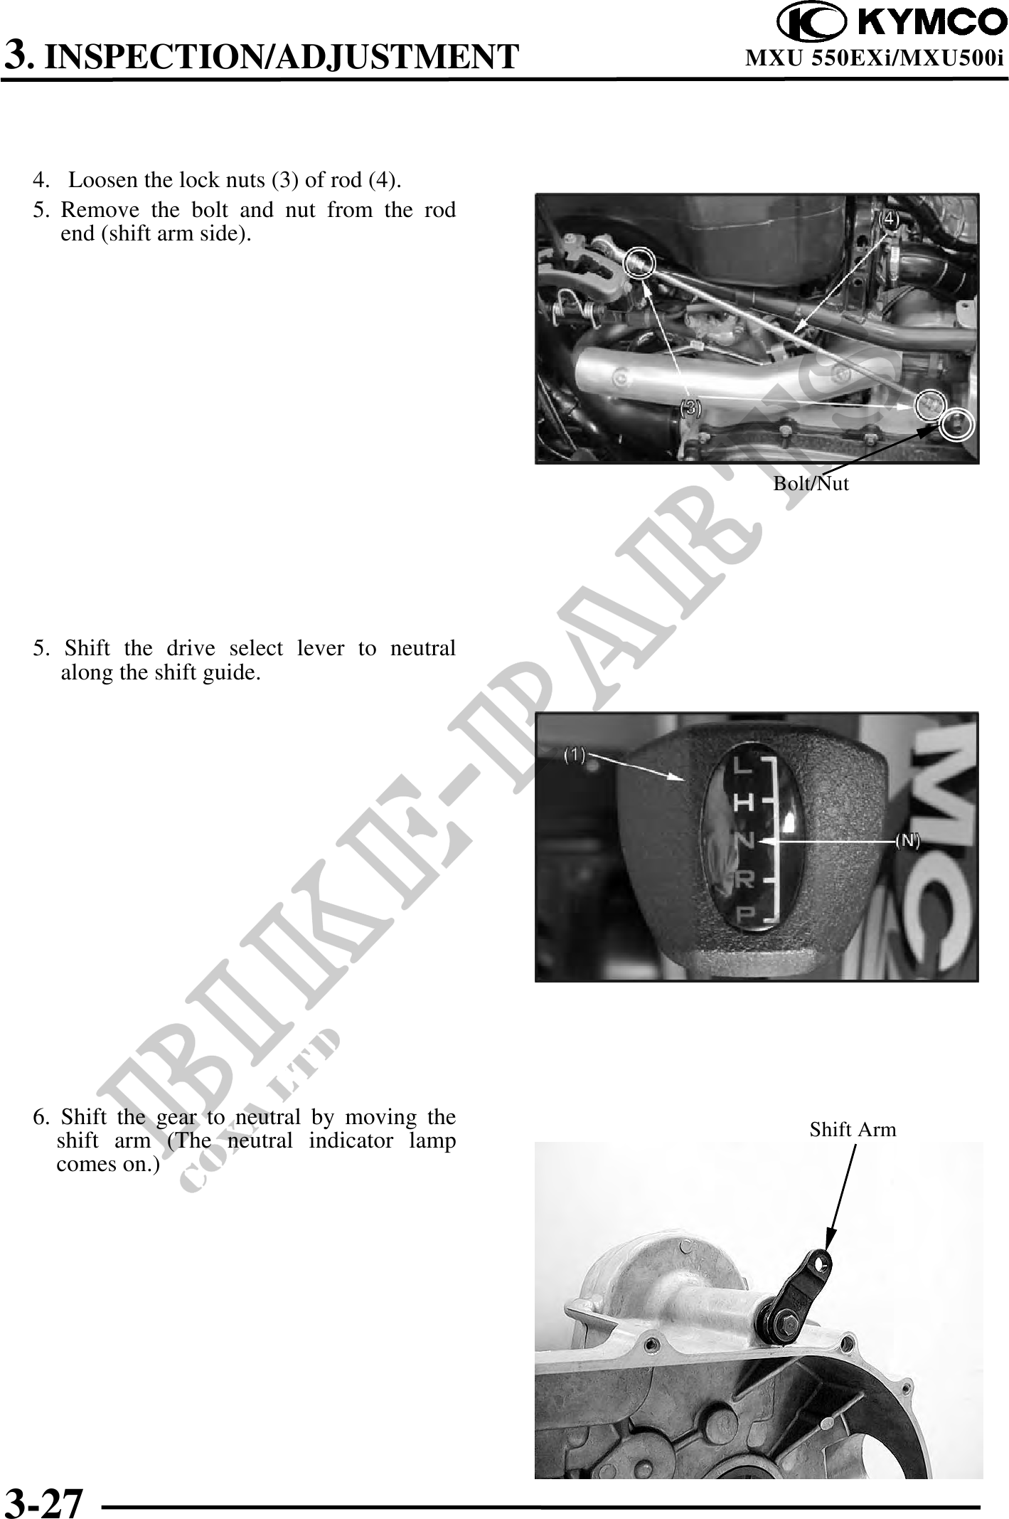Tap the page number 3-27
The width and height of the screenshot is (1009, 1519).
pos(44,1499)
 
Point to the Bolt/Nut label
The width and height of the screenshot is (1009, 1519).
pos(811,484)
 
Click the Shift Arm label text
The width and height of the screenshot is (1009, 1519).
pos(853,1129)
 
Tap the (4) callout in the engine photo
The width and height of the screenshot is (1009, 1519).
pos(890,218)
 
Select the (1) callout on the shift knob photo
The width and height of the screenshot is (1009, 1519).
pos(575,755)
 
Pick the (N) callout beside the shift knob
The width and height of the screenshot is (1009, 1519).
pos(907,840)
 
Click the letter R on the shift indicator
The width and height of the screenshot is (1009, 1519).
pos(743,880)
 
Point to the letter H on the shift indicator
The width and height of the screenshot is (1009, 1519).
pos(743,803)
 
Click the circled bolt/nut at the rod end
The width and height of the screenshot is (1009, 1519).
pos(957,424)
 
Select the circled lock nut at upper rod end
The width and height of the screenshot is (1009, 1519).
pos(638,263)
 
